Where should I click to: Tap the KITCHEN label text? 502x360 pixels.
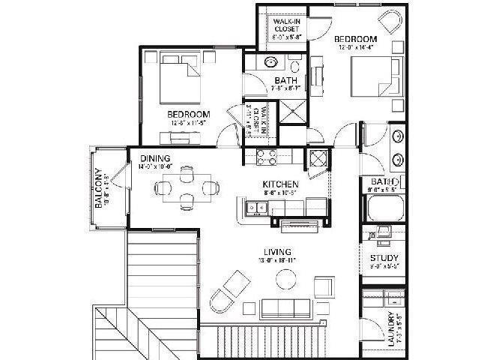click(281, 184)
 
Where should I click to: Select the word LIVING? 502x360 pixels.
click(277, 251)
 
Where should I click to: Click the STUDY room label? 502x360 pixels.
click(384, 259)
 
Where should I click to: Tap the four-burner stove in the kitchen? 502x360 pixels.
click(267, 157)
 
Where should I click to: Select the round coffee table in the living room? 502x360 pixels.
click(285, 280)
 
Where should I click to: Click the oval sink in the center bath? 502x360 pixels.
click(271, 61)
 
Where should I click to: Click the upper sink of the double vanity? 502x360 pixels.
click(397, 137)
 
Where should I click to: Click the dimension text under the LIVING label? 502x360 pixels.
click(277, 262)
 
